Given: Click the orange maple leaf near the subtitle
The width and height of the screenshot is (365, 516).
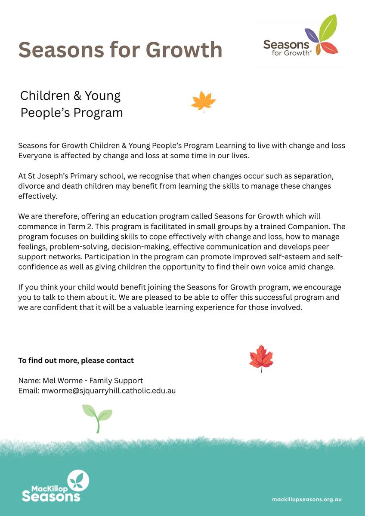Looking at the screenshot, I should pos(203,102).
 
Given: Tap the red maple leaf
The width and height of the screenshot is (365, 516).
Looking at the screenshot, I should pos(261,358).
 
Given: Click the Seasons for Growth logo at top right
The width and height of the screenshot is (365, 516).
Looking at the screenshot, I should pos(301,41).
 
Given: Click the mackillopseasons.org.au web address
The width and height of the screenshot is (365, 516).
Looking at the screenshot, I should pos(307,500).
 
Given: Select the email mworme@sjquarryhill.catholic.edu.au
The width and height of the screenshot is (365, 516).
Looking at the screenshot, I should pos(108,391).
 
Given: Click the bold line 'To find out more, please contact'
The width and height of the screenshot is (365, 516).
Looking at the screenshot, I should pos(76,360).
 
